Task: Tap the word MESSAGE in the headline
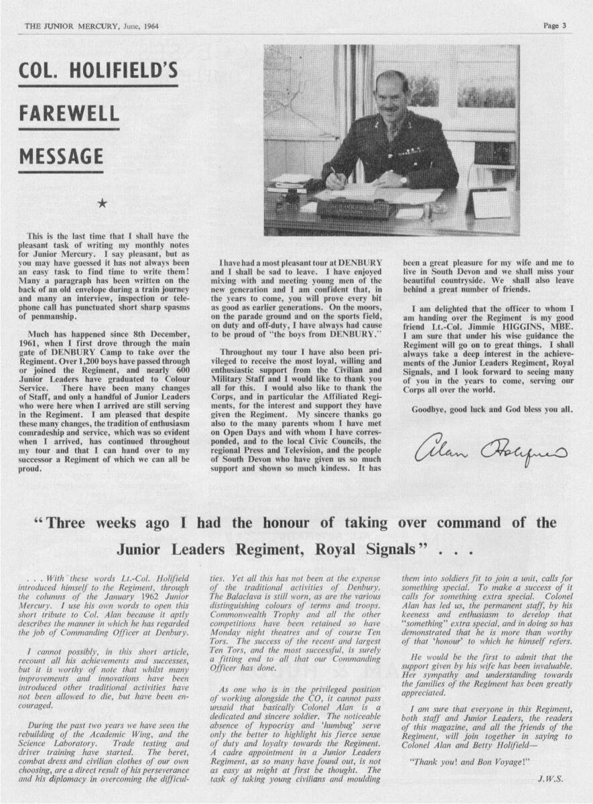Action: pyautogui.click(x=61, y=157)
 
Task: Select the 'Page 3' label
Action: pyautogui.click(x=555, y=26)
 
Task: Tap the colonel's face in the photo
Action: pyautogui.click(x=394, y=97)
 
